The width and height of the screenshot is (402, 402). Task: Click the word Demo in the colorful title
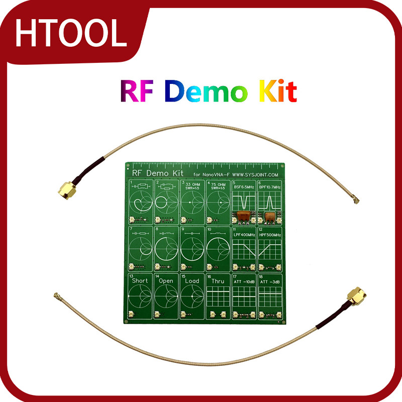206,91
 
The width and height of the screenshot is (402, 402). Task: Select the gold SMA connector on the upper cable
66,189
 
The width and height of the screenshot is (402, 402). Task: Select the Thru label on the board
218,281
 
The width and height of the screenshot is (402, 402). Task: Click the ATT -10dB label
244,282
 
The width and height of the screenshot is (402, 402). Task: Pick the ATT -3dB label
269,282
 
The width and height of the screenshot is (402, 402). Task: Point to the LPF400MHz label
244,235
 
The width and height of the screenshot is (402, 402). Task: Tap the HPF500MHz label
270,235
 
